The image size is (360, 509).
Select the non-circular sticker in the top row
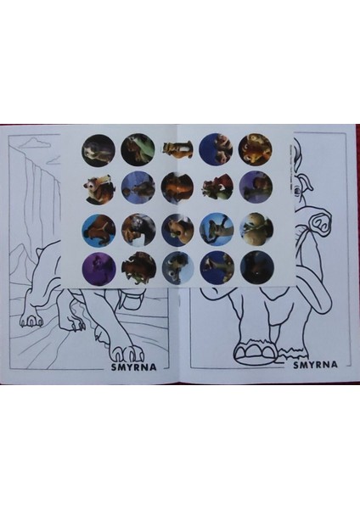click(x=177, y=150)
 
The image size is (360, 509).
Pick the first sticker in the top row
click(x=98, y=149)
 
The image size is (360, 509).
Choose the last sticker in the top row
click(x=255, y=148)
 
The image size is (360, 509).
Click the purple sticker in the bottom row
click(x=98, y=266)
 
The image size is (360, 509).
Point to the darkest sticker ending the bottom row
click(x=255, y=266)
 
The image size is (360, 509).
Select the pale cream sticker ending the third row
click(x=255, y=226)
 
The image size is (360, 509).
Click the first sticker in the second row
click(x=98, y=187)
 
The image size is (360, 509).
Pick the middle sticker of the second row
click(x=177, y=187)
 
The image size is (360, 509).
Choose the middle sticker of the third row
click(x=177, y=227)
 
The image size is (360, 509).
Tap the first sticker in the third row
click(x=98, y=227)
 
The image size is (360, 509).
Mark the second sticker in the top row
click(x=137, y=149)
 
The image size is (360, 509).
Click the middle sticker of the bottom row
click(x=177, y=266)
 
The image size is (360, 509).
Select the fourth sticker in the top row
click(x=216, y=149)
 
